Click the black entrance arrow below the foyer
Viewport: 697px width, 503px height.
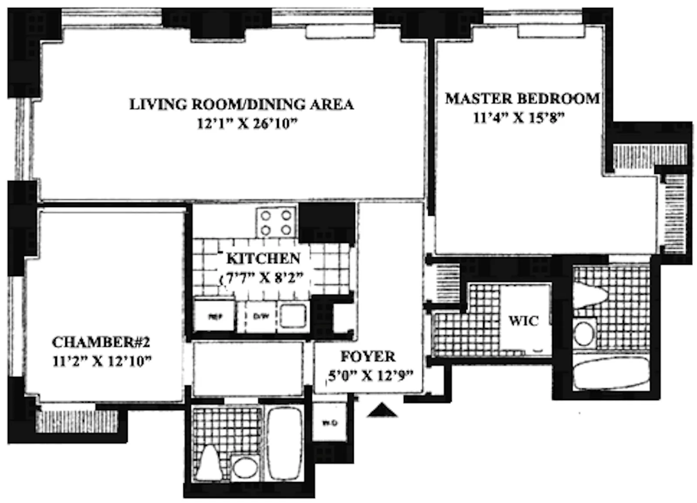(x=382, y=411)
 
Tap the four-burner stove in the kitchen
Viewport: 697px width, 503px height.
(x=276, y=223)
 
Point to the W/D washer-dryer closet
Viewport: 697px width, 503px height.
(x=330, y=422)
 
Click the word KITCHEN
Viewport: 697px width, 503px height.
(x=263, y=258)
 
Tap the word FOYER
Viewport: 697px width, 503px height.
(x=368, y=357)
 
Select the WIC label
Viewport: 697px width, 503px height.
(x=523, y=321)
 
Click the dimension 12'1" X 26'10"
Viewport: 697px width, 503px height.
(x=247, y=124)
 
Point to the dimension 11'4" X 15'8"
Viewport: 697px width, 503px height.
(x=518, y=118)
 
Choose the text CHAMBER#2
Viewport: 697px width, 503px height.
(x=101, y=342)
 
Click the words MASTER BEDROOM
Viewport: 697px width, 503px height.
(x=522, y=99)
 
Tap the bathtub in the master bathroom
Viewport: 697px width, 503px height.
(x=612, y=373)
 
